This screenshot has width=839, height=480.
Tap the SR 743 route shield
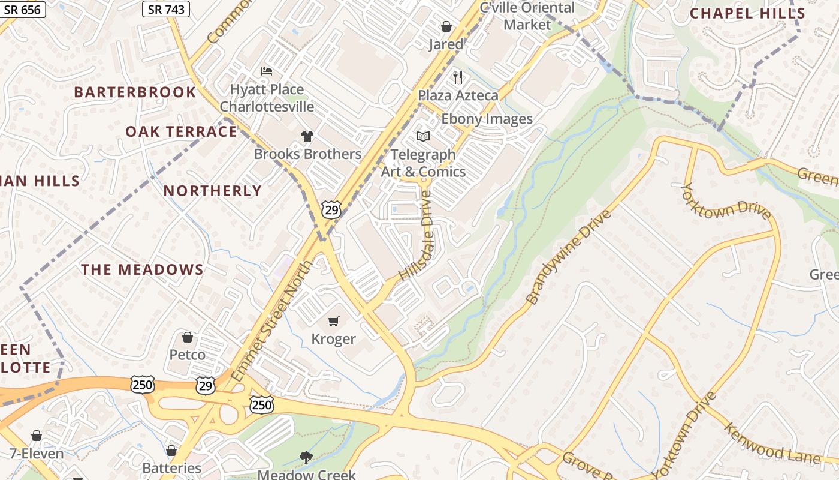pos(166,9)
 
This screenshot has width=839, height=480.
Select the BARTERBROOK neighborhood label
pos(135,92)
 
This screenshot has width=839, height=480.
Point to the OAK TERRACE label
pos(181,132)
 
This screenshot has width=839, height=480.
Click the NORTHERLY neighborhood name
pos(213,191)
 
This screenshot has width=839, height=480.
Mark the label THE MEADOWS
pos(143,270)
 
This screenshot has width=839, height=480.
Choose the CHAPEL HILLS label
pos(747,13)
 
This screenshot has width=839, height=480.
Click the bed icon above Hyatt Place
pos(267,72)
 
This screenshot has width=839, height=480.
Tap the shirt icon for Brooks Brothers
pos(307,136)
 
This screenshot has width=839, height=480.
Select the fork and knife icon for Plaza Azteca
pos(458,77)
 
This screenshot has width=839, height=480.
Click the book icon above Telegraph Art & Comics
pos(423,137)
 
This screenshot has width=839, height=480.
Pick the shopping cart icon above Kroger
pos(334,322)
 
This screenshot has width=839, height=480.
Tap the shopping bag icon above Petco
pos(188,337)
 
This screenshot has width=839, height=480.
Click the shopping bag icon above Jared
pos(446,26)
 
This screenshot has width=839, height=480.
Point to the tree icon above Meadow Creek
pos(306,458)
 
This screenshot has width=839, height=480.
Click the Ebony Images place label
pos(487,119)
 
